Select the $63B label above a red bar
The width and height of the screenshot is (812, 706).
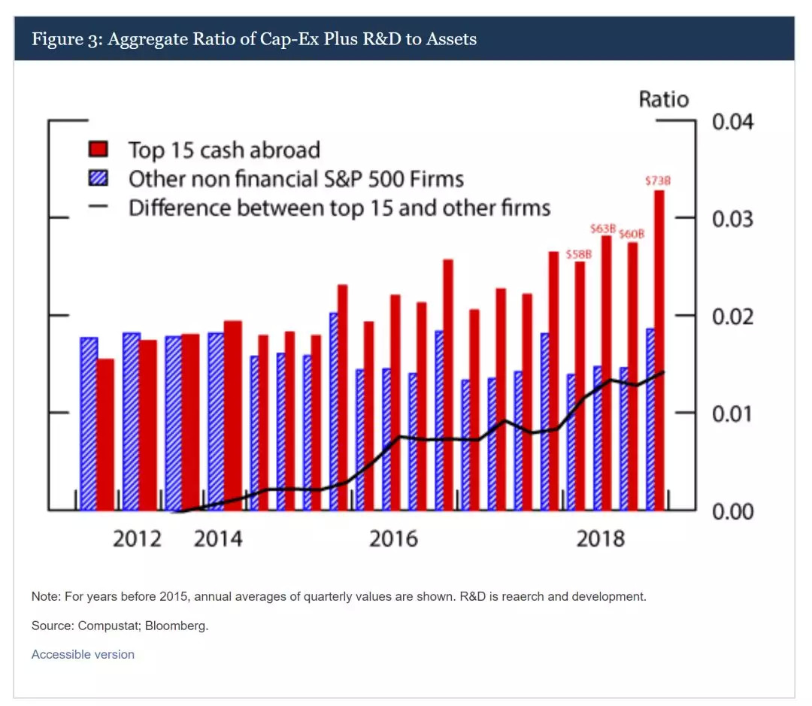[602, 229]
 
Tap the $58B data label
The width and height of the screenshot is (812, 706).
[579, 254]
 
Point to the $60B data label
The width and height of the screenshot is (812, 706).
[632, 235]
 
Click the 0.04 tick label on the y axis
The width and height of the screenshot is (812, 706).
[732, 122]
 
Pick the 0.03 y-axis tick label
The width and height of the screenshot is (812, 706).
[732, 219]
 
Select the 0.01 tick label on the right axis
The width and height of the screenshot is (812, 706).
[732, 414]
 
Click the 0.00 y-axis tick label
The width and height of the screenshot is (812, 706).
[732, 511]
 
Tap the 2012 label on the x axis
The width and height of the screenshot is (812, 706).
[137, 539]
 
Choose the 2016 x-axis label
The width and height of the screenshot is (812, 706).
[393, 539]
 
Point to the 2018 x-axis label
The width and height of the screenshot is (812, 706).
[600, 539]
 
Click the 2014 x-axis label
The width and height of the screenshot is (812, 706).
[218, 539]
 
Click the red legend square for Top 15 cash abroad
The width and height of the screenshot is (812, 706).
[98, 150]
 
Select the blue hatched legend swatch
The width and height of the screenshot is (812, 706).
[98, 179]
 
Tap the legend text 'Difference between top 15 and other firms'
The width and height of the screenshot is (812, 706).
[339, 208]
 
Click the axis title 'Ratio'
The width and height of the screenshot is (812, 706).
[663, 99]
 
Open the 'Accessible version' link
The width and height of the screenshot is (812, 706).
[83, 654]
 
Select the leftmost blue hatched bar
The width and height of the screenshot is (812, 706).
[89, 423]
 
